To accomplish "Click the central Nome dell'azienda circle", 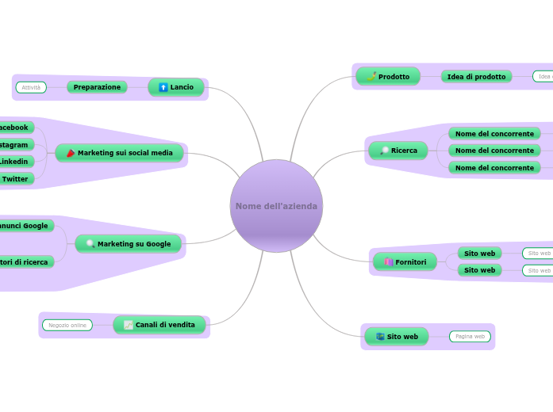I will pyautogui.click(x=276, y=206).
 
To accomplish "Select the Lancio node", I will pyautogui.click(x=176, y=87).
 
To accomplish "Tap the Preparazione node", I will pyautogui.click(x=97, y=87).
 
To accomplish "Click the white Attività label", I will pyautogui.click(x=31, y=87).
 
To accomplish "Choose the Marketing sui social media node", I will pyautogui.click(x=119, y=153).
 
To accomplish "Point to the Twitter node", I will pyautogui.click(x=15, y=179).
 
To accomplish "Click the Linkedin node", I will pyautogui.click(x=14, y=162).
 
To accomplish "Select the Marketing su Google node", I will pyautogui.click(x=128, y=244).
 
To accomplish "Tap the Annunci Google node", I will pyautogui.click(x=25, y=226).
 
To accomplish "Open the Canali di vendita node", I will pyautogui.click(x=159, y=325).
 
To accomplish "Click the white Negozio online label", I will pyautogui.click(x=67, y=325).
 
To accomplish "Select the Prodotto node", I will pyautogui.click(x=388, y=77).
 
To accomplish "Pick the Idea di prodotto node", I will pyautogui.click(x=476, y=77).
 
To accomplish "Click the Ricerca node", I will pyautogui.click(x=398, y=151).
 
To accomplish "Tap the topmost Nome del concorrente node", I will pyautogui.click(x=494, y=133).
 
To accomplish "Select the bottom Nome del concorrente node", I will pyautogui.click(x=494, y=168).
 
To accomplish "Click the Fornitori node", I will pyautogui.click(x=405, y=262).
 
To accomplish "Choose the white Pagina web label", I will pyautogui.click(x=470, y=337).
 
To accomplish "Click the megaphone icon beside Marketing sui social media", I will pyautogui.click(x=70, y=153).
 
